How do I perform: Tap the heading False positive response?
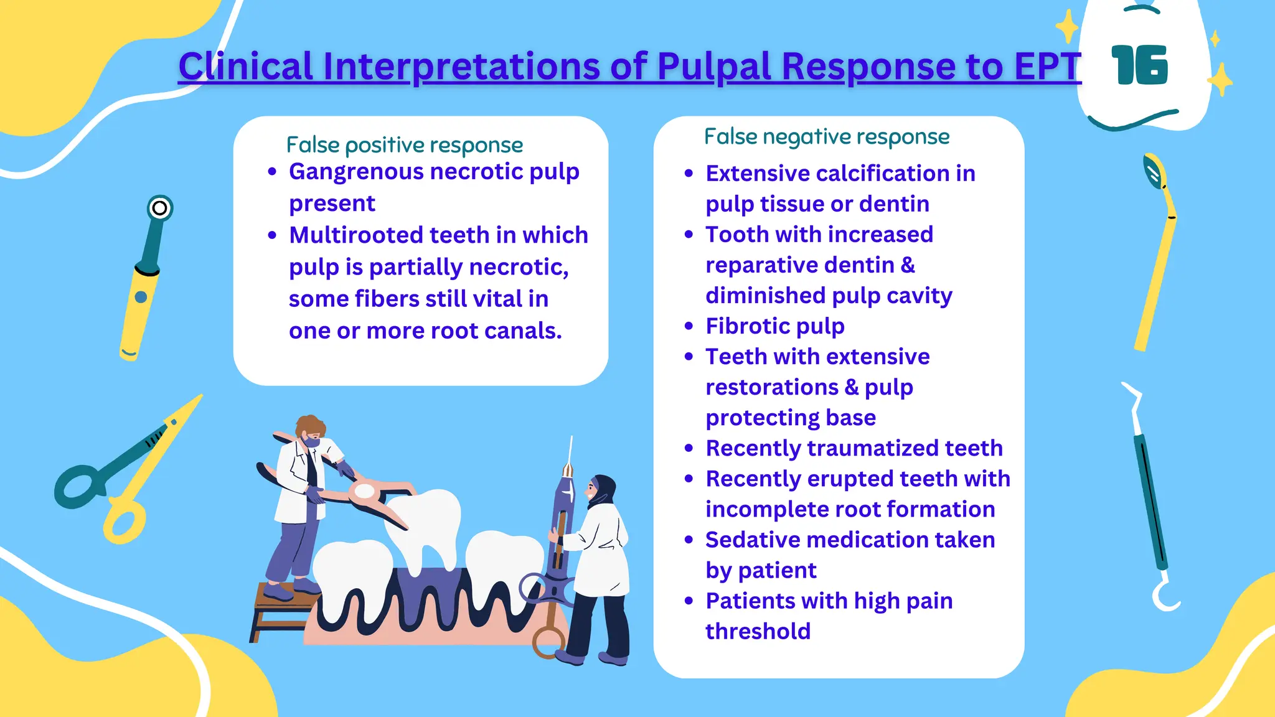(x=405, y=145)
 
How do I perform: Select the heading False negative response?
(x=827, y=136)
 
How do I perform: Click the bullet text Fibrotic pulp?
(x=775, y=326)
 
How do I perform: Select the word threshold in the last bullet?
(x=758, y=631)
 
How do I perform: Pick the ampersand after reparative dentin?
(x=908, y=265)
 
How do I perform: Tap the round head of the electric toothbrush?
(x=159, y=208)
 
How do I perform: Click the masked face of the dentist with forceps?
(x=311, y=438)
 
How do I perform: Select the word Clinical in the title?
(x=245, y=66)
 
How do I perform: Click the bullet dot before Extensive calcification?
(x=689, y=174)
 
